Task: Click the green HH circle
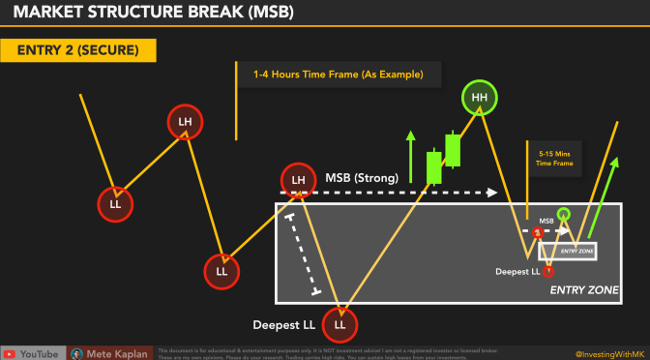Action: pos(479,98)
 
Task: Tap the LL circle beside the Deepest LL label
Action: pos(340,323)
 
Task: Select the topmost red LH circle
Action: pos(185,122)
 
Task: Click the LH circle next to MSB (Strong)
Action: pos(299,180)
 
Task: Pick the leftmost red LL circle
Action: pos(115,204)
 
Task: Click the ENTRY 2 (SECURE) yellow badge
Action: pos(76,50)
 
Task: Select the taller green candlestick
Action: pos(453,148)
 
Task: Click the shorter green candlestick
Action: pos(434,165)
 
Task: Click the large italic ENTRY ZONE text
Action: pos(584,289)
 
